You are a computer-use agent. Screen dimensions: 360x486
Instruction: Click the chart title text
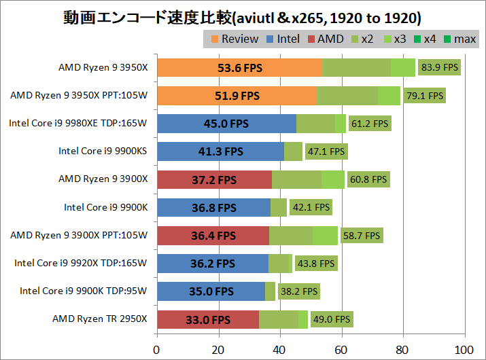tap(243, 16)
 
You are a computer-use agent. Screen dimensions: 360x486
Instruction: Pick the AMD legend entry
tap(326, 39)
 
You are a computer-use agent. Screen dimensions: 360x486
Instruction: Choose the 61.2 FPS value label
tap(370, 124)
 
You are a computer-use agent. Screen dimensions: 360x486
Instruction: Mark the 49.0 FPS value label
tap(332, 319)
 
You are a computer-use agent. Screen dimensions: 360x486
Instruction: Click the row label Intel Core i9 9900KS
tap(103, 151)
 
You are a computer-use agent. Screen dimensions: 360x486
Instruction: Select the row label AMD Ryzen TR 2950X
tap(99, 319)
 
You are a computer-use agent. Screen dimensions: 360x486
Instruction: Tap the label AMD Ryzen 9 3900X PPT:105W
tap(79, 235)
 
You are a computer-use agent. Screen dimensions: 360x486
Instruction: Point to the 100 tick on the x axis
tap(464, 349)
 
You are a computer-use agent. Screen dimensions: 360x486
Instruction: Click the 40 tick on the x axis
tap(280, 349)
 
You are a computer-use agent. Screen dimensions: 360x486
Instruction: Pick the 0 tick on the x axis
tap(157, 349)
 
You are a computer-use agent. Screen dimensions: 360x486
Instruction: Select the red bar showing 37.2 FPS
tap(214, 179)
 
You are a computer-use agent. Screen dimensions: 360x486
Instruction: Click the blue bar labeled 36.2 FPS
tap(213, 264)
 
